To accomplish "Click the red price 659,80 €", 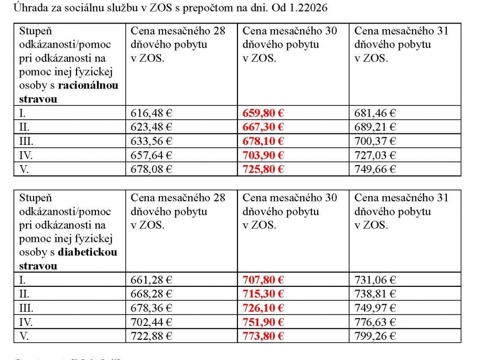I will (263, 113).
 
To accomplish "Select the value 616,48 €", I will (151, 113).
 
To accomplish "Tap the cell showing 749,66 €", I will (375, 169).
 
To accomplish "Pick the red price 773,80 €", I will (263, 335).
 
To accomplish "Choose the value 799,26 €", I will (375, 335).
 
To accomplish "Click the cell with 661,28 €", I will (151, 280).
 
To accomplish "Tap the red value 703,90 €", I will (263, 155).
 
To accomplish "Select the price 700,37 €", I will (375, 141).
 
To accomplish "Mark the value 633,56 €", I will (151, 141).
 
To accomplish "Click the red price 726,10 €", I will (263, 308).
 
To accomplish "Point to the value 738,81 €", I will (375, 294).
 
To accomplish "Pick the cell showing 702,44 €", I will (151, 321).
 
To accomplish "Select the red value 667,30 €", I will (263, 127).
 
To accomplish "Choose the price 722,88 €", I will (151, 335).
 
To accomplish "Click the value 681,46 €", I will (375, 113).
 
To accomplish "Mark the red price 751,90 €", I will (263, 321).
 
